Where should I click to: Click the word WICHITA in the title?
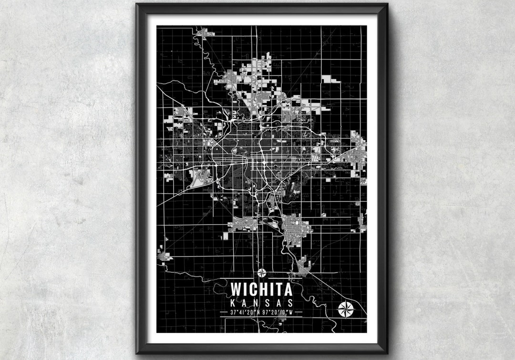click(x=262, y=289)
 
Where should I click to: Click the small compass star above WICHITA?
click(x=262, y=273)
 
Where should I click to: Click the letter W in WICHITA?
click(x=236, y=289)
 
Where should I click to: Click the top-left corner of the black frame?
click(x=138, y=5)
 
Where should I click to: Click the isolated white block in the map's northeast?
click(x=331, y=79)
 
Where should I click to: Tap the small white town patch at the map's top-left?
click(x=206, y=32)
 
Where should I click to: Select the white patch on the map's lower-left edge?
click(x=164, y=256)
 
